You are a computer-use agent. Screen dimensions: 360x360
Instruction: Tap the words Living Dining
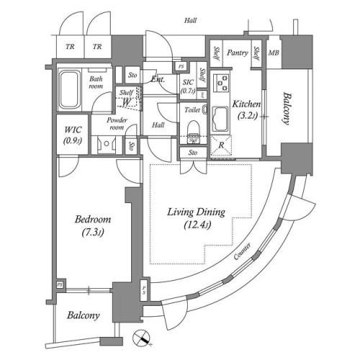[197, 212]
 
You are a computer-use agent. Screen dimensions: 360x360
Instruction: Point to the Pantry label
[238, 53]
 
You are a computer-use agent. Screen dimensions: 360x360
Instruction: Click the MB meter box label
[274, 53]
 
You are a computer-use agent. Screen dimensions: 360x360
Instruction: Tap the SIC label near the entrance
[187, 82]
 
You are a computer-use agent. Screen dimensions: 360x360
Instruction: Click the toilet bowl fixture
[192, 130]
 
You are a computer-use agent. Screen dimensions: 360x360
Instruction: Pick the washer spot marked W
[126, 102]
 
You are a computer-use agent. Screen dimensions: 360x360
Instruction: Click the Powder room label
[117, 123]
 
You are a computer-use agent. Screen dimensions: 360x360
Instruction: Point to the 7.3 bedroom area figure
[91, 232]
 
